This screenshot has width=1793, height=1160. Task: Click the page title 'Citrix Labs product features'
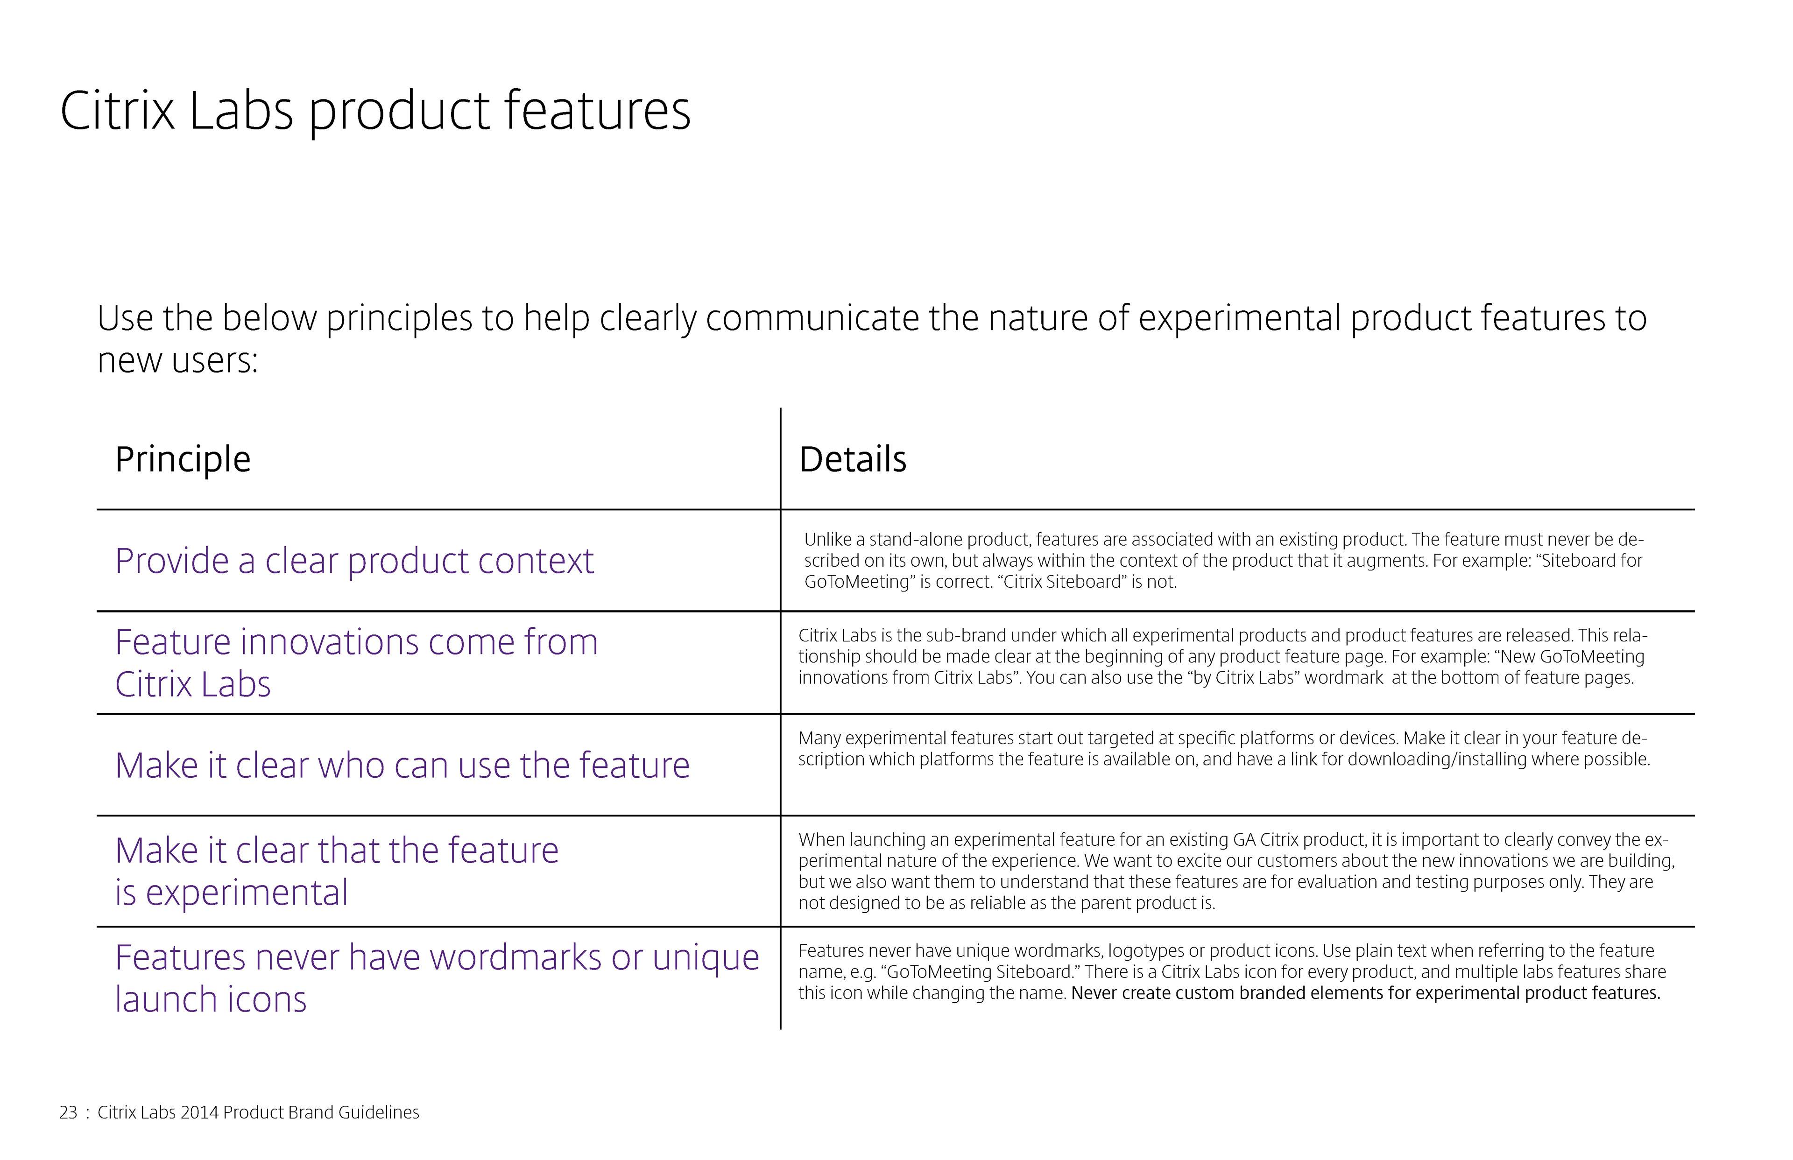point(375,112)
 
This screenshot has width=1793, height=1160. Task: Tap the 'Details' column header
point(853,459)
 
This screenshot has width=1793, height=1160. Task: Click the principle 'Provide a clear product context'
point(354,561)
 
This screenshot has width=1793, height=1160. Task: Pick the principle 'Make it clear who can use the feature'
point(402,765)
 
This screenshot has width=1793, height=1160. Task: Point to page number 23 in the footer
point(68,1112)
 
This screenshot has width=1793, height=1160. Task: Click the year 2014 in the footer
point(200,1112)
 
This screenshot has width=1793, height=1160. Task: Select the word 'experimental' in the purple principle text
point(247,893)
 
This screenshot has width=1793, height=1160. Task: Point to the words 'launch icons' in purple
point(211,999)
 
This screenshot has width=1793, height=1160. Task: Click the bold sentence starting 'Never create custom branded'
point(1365,993)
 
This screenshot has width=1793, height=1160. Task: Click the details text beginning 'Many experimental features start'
point(1224,749)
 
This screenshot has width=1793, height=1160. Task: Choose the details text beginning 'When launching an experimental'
point(1236,872)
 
